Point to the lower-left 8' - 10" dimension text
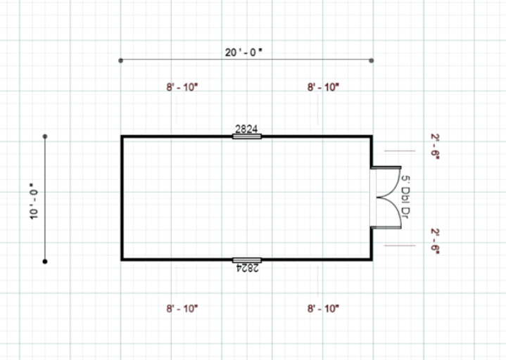[182, 309]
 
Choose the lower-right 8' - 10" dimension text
[323, 309]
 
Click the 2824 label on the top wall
[246, 129]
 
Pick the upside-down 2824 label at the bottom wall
[246, 267]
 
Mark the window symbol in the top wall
[246, 136]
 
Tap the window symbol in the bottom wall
[246, 260]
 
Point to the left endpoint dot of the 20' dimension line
[121, 60]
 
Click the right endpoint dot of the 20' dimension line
[372, 60]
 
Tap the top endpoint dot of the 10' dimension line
[45, 136]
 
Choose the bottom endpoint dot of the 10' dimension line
[45, 261]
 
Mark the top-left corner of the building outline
[122, 136]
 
